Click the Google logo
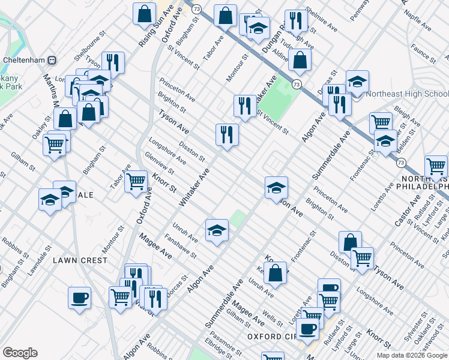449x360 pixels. point(20,353)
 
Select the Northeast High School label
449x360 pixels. point(408,94)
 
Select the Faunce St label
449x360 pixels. point(424,55)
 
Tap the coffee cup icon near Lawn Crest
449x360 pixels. point(79,297)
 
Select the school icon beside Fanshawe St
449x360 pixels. point(217,229)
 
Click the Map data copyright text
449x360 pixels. point(412,355)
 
